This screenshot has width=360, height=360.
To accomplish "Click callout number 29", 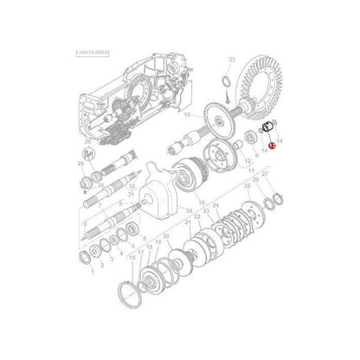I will pyautogui.click(x=80, y=162).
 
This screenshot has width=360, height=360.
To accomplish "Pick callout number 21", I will pyautogui.click(x=187, y=222).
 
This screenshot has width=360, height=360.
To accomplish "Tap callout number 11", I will pyautogui.click(x=251, y=170).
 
